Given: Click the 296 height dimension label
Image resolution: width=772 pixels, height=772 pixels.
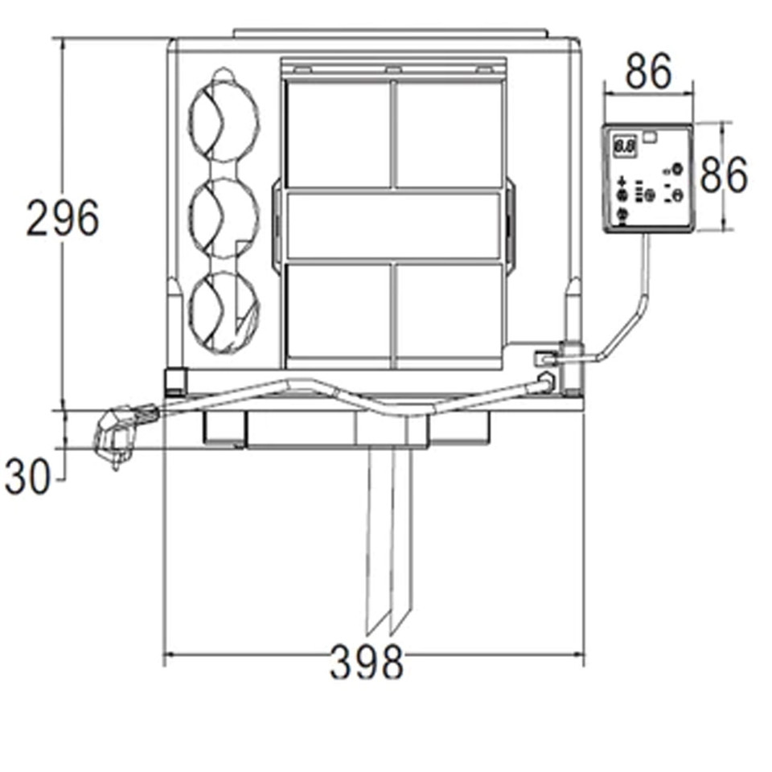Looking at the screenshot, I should pos(62,218).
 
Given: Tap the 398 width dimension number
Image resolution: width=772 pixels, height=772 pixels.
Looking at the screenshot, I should pos(366,663).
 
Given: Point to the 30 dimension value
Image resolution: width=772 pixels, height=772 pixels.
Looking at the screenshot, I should pos(27,477).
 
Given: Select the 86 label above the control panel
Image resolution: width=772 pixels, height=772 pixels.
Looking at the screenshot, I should pos(648,73).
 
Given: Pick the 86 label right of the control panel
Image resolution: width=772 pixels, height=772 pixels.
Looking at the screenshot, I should pos(723,175).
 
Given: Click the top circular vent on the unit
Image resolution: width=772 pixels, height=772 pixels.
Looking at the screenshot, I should pos(224,119).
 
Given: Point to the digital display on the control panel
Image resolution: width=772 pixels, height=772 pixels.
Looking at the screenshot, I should pos(624,147).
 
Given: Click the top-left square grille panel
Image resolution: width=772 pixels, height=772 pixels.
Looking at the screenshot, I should pos(339,133).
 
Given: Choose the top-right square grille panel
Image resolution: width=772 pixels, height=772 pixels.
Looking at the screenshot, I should pos(450,133).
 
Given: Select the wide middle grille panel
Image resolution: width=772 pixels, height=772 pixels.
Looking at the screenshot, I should pos(394,225).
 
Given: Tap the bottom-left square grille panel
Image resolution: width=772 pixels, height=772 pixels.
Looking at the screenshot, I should pos(339,311).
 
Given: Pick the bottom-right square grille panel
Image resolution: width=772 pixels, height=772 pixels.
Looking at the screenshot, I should pos(450,311).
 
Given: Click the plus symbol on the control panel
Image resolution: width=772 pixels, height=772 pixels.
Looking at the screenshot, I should pos(622,182).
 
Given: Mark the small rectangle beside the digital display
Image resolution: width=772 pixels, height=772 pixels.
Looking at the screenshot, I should pos(650,138).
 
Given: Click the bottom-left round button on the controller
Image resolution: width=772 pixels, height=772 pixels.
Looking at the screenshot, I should pos(622,214).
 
